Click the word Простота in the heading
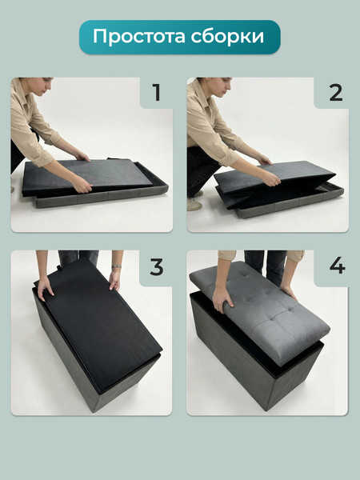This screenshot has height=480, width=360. tap(139, 37)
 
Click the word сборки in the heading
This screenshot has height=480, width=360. tap(227, 36)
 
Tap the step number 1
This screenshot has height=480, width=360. tap(157, 93)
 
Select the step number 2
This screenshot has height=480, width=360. tap(336, 93)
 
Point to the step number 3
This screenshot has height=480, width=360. tap(157, 267)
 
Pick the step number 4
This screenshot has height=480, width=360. tap(338, 267)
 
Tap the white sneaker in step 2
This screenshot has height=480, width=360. tap(194, 204)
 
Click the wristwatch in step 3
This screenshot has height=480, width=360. tap(116, 266)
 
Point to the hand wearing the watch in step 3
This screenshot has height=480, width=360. tap(115, 279)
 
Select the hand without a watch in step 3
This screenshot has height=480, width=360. tap(46, 289)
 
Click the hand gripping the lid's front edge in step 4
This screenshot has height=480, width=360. tap(222, 300)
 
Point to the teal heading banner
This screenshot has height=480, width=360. tap(180, 37)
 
